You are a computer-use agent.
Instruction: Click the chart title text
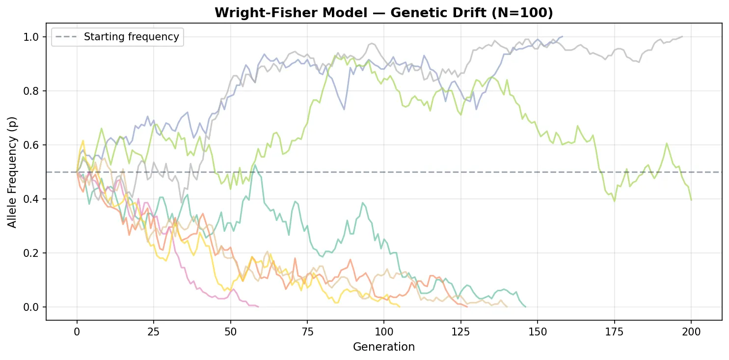click(x=383, y=13)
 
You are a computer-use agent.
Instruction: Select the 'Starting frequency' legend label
click(x=131, y=37)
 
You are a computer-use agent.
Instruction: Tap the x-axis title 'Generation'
click(x=383, y=347)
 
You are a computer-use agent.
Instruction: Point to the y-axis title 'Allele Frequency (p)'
click(x=12, y=171)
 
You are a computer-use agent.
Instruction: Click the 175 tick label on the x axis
click(x=614, y=331)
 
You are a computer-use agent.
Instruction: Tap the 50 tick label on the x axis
click(x=230, y=331)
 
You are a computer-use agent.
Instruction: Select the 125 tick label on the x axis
click(x=460, y=331)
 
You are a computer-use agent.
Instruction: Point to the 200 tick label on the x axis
click(x=691, y=331)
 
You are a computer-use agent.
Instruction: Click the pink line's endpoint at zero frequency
click(x=258, y=307)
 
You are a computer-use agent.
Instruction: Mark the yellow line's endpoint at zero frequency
click(x=399, y=307)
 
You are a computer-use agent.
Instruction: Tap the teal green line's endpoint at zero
click(x=525, y=307)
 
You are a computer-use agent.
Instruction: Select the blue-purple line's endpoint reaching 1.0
click(x=562, y=37)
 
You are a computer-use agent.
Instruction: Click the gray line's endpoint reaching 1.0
click(x=682, y=37)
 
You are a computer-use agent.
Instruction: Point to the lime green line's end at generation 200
click(x=691, y=200)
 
